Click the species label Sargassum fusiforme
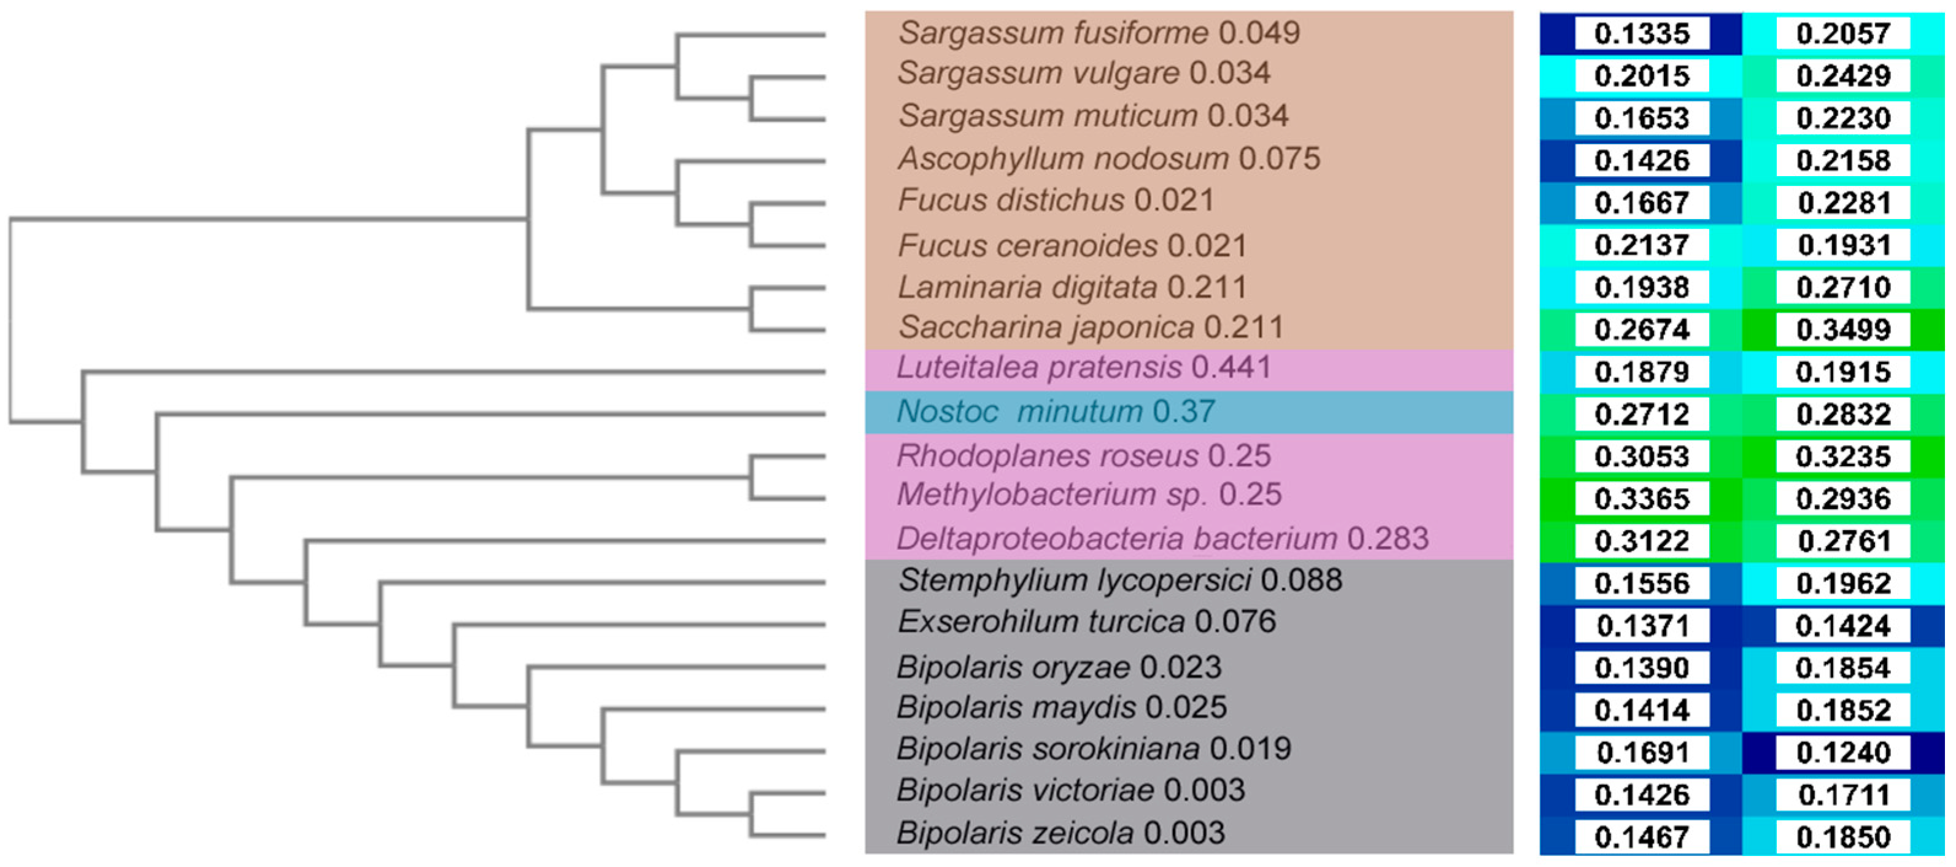pyautogui.click(x=1053, y=33)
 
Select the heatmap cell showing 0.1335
pyautogui.click(x=1641, y=33)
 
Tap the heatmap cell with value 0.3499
pyautogui.click(x=1843, y=329)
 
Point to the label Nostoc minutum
pyautogui.click(x=1019, y=412)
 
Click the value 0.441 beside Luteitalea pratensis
pyautogui.click(x=1231, y=368)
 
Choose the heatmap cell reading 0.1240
pyautogui.click(x=1843, y=752)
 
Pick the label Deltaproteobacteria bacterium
pyautogui.click(x=1116, y=539)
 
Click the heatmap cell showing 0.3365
pyautogui.click(x=1641, y=499)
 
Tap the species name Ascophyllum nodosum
pyautogui.click(x=1063, y=159)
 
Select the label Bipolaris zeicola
pyautogui.click(x=1015, y=833)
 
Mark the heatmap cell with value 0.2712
pyautogui.click(x=1641, y=415)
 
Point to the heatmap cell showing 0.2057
pyautogui.click(x=1843, y=33)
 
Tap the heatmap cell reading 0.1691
pyautogui.click(x=1641, y=752)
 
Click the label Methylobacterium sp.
pyautogui.click(x=1051, y=495)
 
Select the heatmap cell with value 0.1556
pyautogui.click(x=1641, y=583)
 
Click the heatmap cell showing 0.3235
pyautogui.click(x=1843, y=457)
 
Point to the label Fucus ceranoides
pyautogui.click(x=1027, y=246)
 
